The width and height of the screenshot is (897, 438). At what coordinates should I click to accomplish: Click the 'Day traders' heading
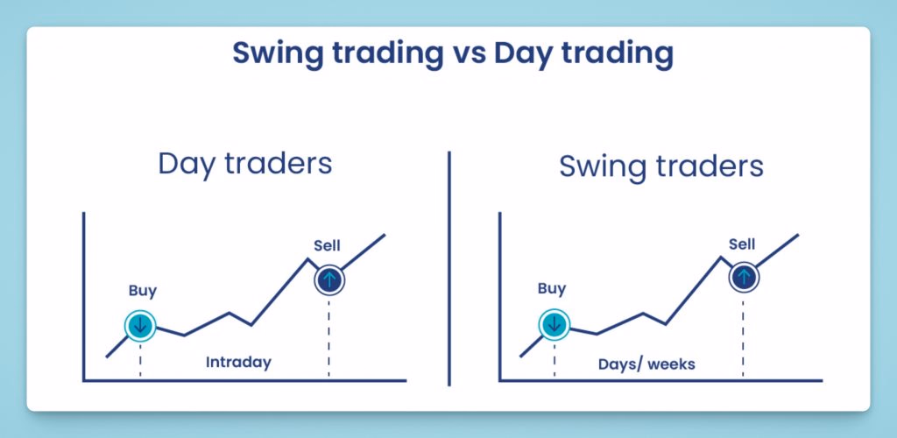click(x=245, y=164)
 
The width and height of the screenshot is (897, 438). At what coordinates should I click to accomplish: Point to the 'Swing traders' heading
click(x=660, y=166)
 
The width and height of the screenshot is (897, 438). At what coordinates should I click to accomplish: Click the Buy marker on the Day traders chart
click(x=140, y=325)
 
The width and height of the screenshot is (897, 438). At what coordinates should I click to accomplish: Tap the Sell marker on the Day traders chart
click(x=329, y=279)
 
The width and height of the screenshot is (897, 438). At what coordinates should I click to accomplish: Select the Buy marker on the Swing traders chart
click(x=554, y=325)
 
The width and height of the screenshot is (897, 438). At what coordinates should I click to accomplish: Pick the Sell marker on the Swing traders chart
click(x=744, y=278)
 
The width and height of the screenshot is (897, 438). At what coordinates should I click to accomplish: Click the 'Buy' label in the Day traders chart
click(x=143, y=291)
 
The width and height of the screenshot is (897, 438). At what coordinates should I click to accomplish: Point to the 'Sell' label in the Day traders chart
click(x=328, y=246)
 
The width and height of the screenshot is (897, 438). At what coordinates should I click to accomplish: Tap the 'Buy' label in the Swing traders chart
click(x=552, y=289)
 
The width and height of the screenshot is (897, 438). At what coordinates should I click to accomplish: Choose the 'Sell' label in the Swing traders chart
click(x=742, y=244)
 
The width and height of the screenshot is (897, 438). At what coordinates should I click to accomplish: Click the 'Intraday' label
click(x=238, y=363)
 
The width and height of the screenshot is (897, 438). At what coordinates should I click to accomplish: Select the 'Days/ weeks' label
click(x=647, y=364)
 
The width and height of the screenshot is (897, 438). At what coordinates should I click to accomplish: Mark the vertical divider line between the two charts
click(x=449, y=268)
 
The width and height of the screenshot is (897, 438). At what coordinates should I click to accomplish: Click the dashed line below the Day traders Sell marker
click(x=329, y=336)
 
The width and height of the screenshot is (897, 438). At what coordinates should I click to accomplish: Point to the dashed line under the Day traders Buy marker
click(x=140, y=360)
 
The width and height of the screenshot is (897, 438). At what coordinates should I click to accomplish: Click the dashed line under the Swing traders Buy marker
click(x=554, y=359)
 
